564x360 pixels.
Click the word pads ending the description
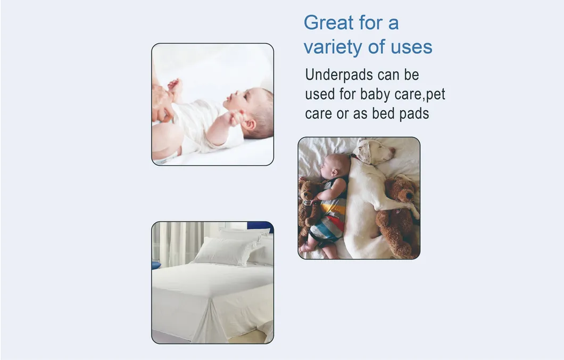point(415,114)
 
